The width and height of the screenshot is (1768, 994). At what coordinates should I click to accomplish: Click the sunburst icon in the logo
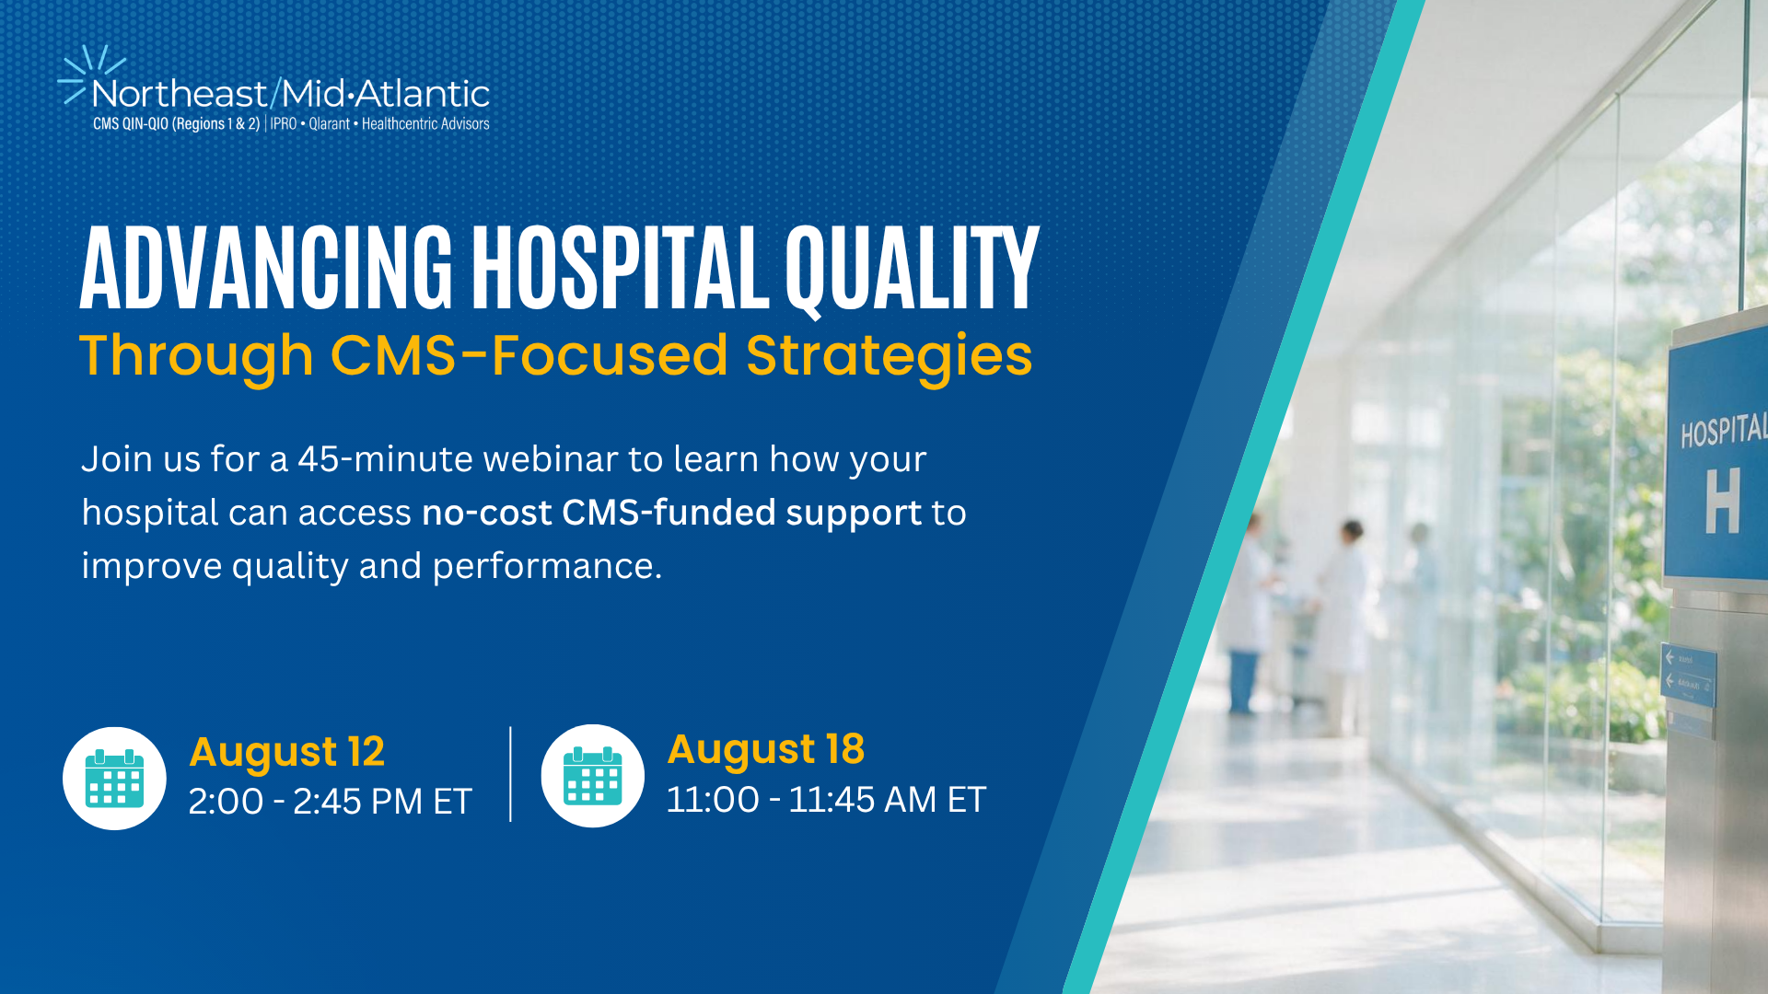pyautogui.click(x=91, y=74)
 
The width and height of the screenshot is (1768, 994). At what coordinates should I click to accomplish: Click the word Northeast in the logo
pyautogui.click(x=180, y=94)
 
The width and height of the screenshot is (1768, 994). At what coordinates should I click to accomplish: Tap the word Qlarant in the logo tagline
pyautogui.click(x=329, y=123)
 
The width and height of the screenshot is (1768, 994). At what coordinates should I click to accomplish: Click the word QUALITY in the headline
pyautogui.click(x=912, y=271)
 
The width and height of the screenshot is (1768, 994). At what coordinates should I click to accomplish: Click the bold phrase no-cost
pyautogui.click(x=486, y=513)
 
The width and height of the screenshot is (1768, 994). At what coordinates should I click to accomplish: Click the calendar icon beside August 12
pyautogui.click(x=114, y=779)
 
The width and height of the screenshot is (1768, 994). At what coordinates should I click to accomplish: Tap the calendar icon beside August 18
pyautogui.click(x=592, y=776)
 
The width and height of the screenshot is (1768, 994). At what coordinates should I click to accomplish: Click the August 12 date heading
pyautogui.click(x=286, y=753)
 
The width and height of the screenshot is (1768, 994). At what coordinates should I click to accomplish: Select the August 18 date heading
pyautogui.click(x=766, y=750)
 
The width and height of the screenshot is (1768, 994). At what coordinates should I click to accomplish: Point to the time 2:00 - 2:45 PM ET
pyautogui.click(x=330, y=802)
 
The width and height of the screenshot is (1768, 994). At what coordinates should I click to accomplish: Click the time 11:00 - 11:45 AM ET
pyautogui.click(x=826, y=800)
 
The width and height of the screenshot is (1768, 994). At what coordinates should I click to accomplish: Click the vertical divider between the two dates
pyautogui.click(x=510, y=774)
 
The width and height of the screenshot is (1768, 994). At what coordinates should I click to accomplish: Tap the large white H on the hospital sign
pyautogui.click(x=1722, y=500)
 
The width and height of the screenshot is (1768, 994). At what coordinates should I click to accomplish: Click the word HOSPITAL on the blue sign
pyautogui.click(x=1723, y=431)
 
